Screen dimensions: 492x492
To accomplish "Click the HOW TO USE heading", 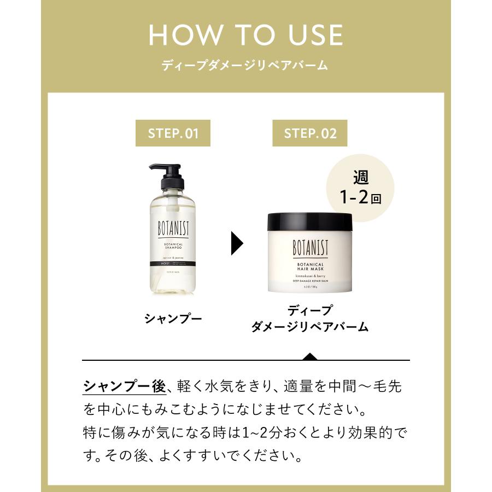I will (x=245, y=35).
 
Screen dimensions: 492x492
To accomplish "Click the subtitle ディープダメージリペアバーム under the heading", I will (x=245, y=66).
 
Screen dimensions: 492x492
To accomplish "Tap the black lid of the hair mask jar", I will (x=310, y=221).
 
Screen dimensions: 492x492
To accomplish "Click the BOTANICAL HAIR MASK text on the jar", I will (x=310, y=269).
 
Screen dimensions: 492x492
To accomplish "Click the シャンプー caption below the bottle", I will (x=173, y=318).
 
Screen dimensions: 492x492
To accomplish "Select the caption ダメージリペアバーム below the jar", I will (x=310, y=327).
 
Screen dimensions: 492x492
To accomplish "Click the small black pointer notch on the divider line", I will (x=310, y=357).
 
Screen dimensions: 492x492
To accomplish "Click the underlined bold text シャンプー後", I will (x=124, y=387).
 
